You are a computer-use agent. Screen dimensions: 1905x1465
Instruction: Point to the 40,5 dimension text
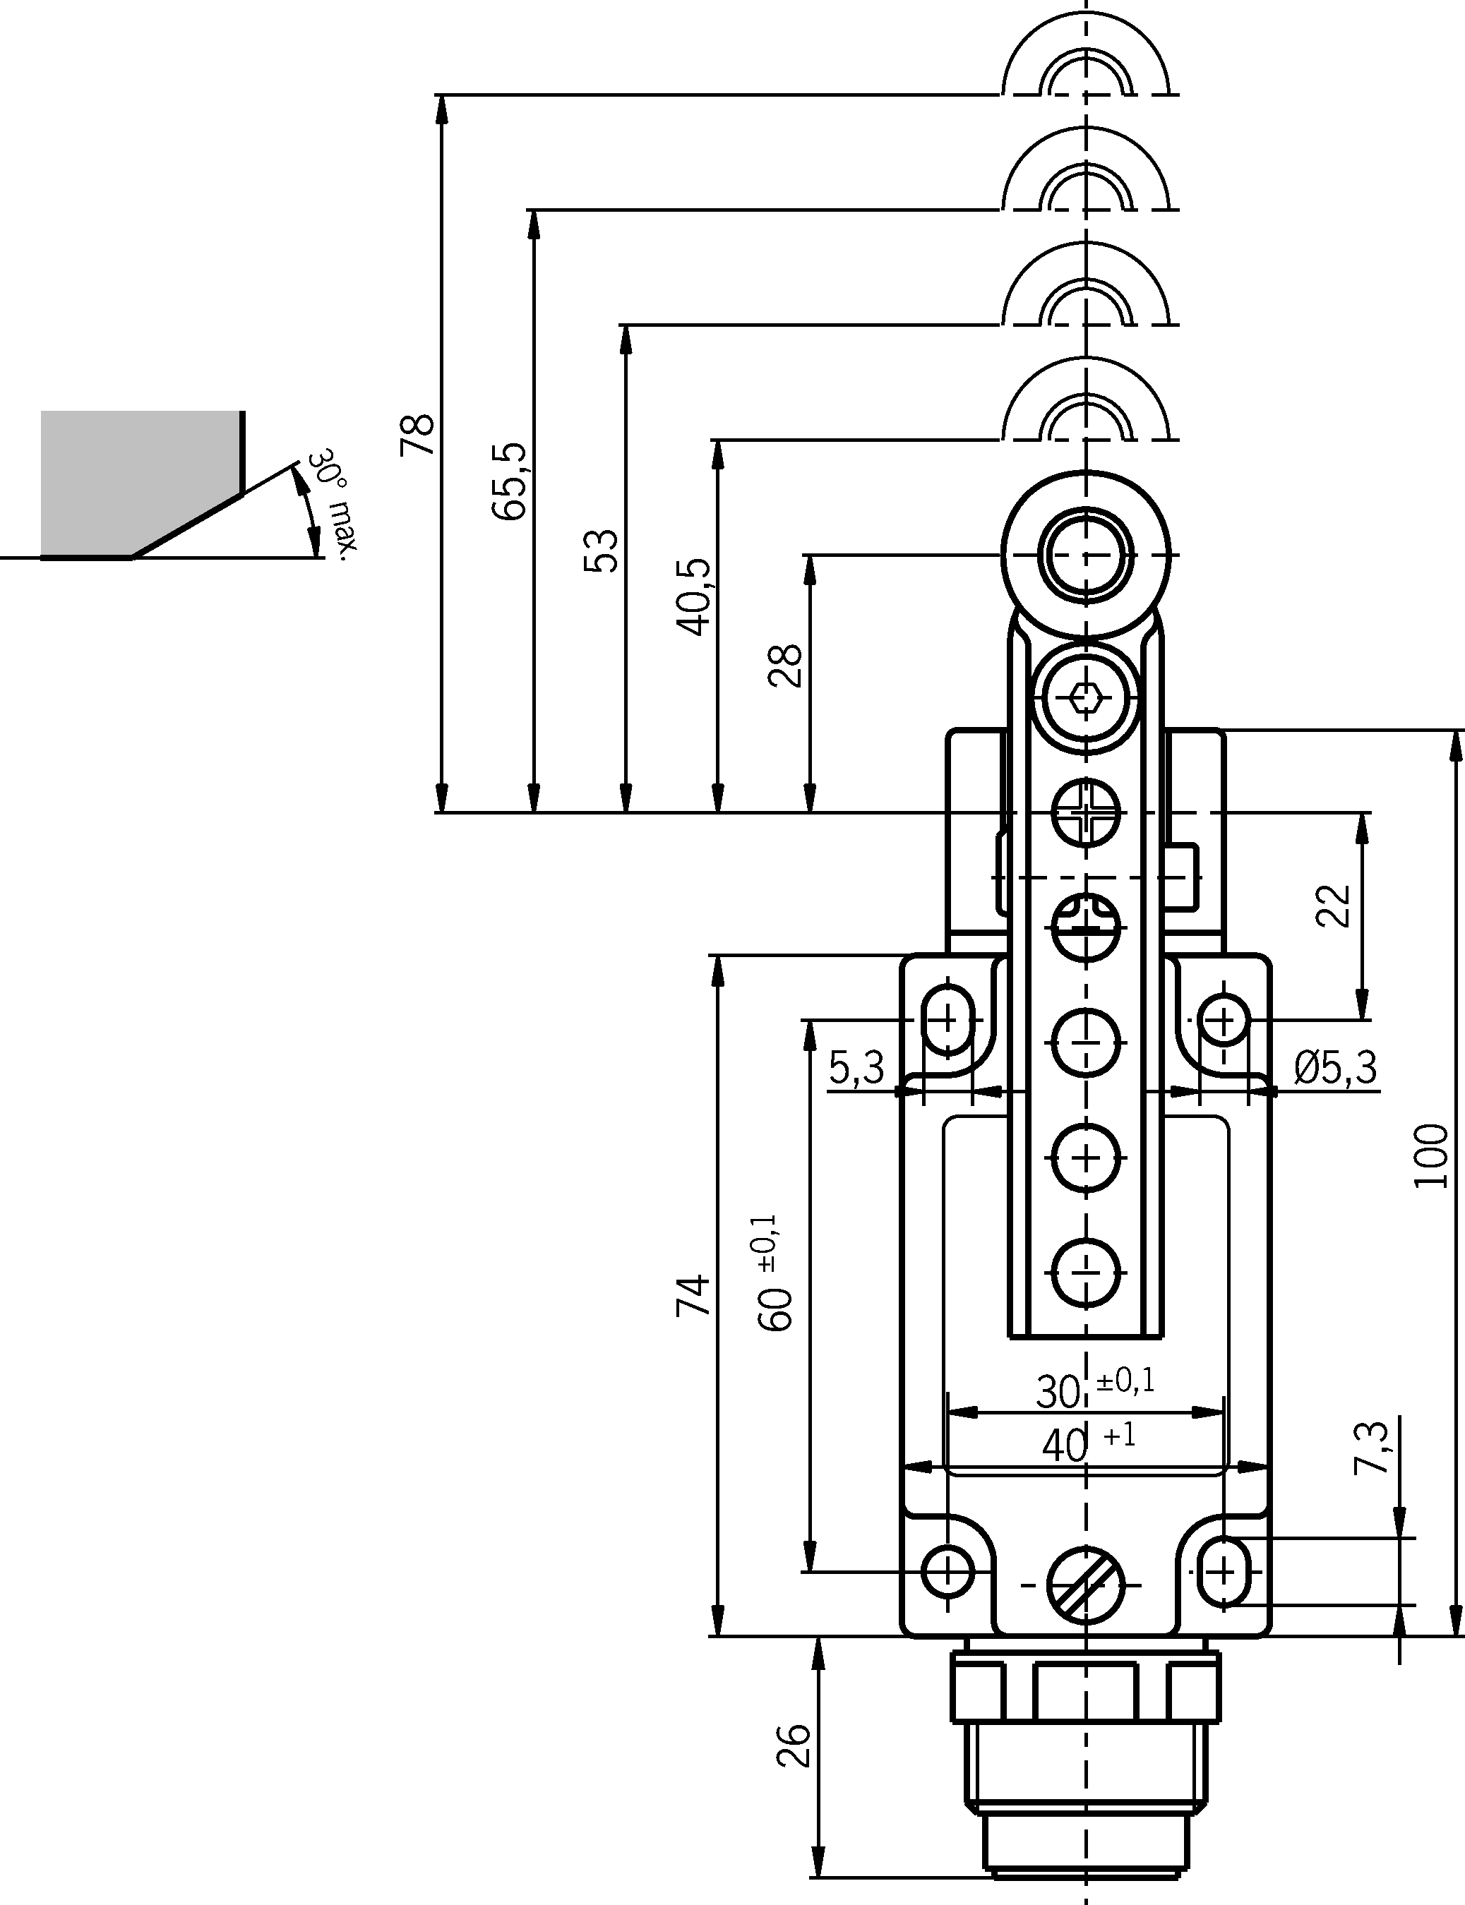click(x=695, y=597)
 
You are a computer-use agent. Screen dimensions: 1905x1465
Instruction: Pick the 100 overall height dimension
click(x=1431, y=1155)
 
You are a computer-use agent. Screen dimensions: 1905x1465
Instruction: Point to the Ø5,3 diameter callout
click(x=1335, y=1067)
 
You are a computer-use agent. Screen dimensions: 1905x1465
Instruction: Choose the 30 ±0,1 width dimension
click(x=1094, y=1390)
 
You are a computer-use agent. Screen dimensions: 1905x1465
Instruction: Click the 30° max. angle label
click(x=337, y=501)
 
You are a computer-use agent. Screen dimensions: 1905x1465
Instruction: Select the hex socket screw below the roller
click(x=1087, y=697)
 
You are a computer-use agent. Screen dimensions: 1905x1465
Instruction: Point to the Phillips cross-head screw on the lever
click(x=1087, y=812)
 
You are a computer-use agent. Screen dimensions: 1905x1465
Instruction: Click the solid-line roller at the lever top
click(x=1087, y=555)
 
